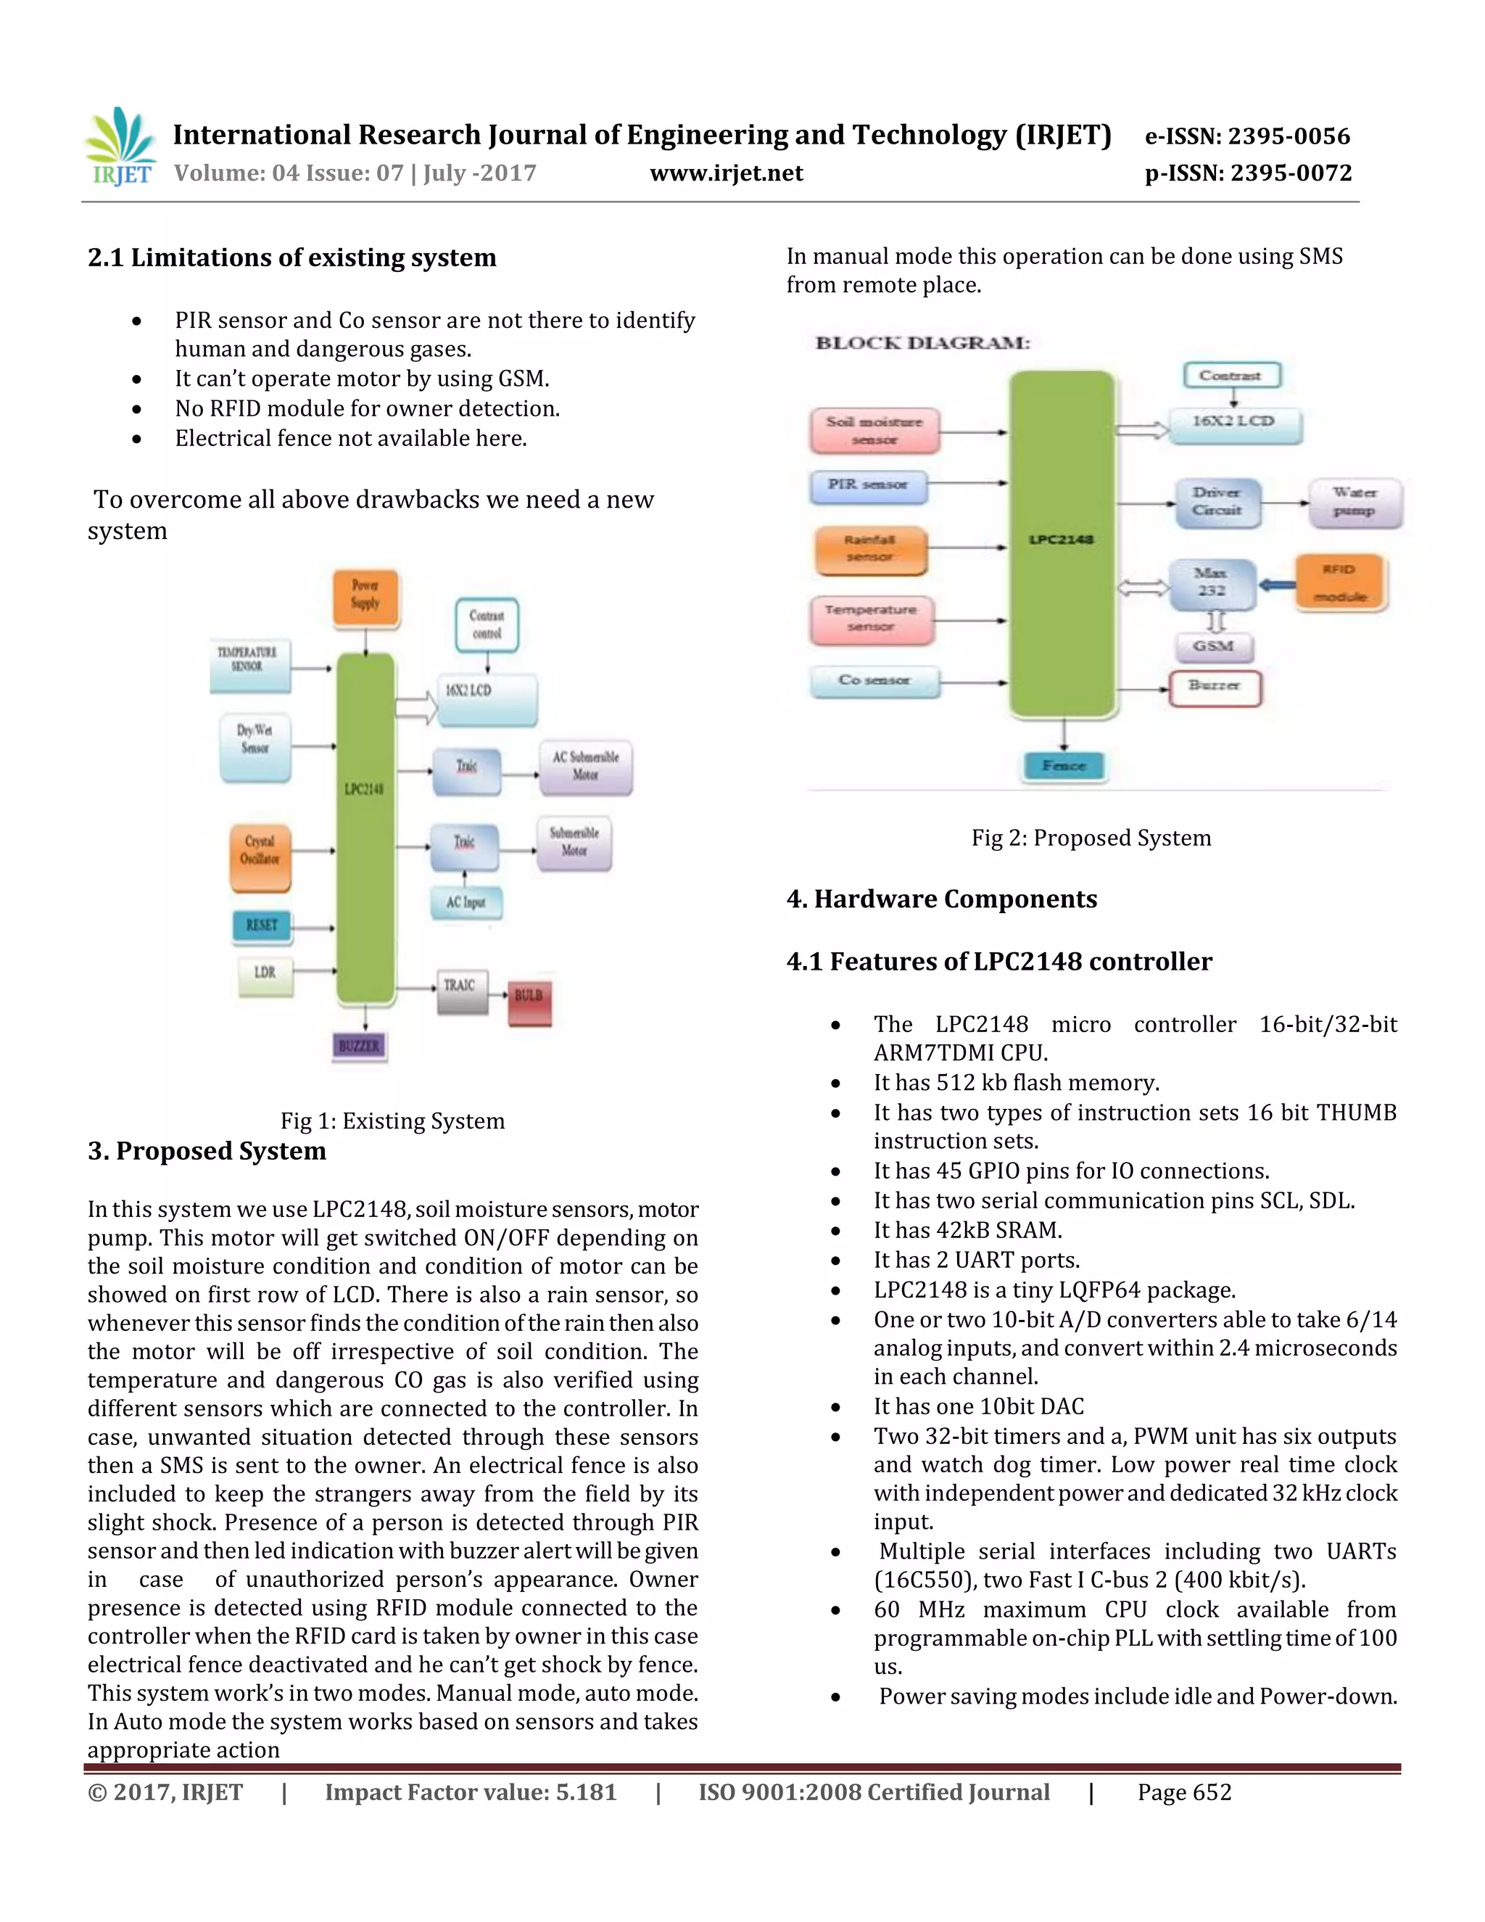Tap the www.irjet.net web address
[x=726, y=173]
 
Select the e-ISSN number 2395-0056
[x=1246, y=136]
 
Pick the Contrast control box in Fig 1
[x=487, y=624]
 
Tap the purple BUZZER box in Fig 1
[x=359, y=1045]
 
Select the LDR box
[x=265, y=973]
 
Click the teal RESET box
[x=261, y=925]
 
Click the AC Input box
[x=466, y=903]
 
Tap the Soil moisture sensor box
[x=874, y=430]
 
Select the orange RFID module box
[x=1339, y=582]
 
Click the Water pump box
[x=1354, y=502]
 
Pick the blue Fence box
[x=1064, y=766]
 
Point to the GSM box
[x=1213, y=647]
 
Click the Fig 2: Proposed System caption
[x=1091, y=838]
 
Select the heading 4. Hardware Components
[x=941, y=899]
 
